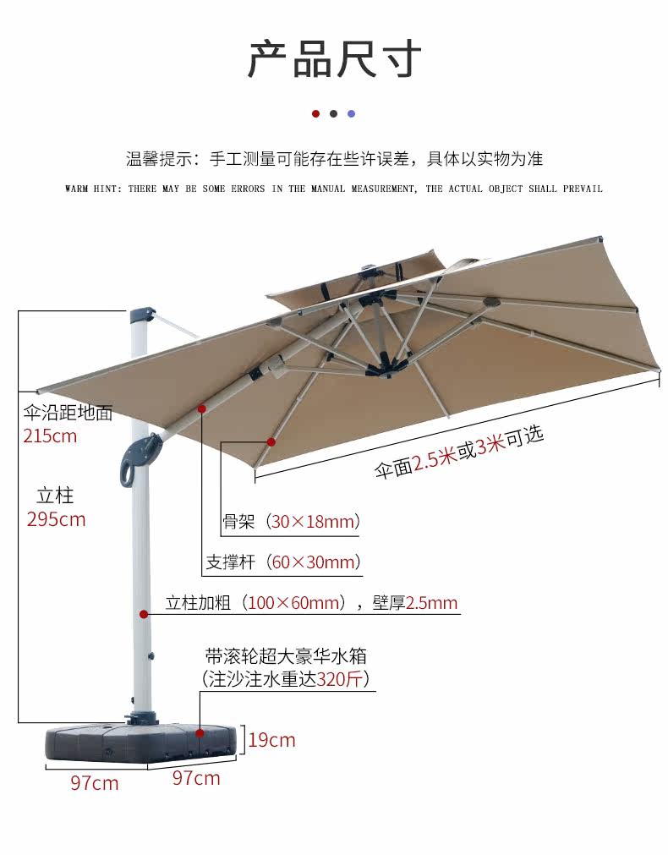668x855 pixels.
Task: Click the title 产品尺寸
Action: (x=334, y=58)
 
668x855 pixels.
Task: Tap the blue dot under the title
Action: (x=352, y=113)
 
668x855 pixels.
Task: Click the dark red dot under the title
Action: (x=315, y=113)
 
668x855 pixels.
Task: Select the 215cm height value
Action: (x=50, y=436)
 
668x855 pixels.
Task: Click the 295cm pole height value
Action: (x=56, y=519)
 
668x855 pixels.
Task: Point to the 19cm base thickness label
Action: (x=271, y=740)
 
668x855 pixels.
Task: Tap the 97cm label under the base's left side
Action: (x=94, y=783)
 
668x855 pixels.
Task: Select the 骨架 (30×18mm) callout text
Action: (x=291, y=522)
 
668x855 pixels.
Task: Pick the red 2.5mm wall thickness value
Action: (x=431, y=603)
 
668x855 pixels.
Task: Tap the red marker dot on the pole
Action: (x=145, y=614)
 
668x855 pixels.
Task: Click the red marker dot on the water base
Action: (x=200, y=732)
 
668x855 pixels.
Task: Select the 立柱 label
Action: (x=56, y=495)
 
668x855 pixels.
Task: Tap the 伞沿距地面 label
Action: (x=68, y=414)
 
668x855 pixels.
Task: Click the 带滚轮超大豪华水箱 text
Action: (x=286, y=655)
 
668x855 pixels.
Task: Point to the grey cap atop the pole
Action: (x=140, y=315)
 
